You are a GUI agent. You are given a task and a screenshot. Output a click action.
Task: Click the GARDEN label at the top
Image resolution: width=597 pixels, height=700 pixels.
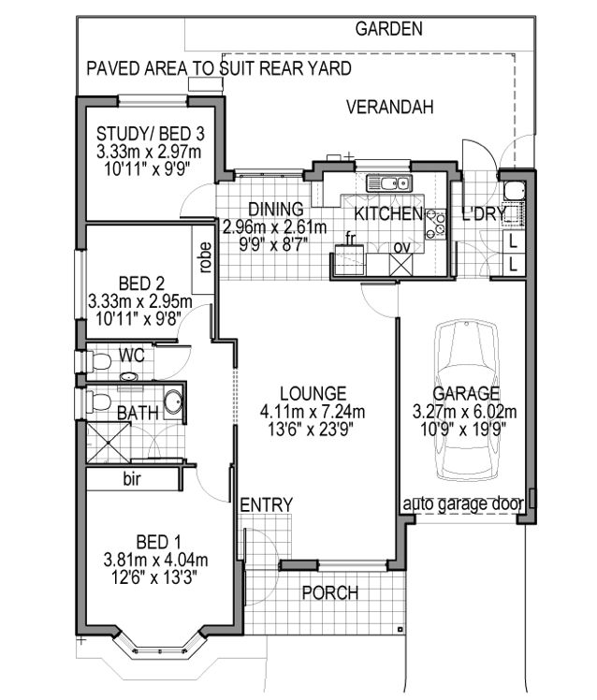388,29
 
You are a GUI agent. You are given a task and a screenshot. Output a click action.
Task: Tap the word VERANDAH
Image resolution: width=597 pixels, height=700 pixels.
390,108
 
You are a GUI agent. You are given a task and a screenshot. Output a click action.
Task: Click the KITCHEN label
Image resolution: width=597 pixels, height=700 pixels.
387,214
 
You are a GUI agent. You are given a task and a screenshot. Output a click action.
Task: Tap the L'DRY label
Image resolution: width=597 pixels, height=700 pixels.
484,214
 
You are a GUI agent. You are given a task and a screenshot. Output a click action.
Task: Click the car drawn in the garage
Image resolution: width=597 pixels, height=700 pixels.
470,397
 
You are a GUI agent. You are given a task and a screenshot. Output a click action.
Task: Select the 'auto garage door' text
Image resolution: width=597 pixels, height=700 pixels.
462,504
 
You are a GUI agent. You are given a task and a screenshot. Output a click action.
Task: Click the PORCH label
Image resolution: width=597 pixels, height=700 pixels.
329,593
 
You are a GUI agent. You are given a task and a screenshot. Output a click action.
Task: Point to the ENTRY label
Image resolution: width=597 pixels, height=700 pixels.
267,505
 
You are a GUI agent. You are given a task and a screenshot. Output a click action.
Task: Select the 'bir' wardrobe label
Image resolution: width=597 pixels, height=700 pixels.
132,478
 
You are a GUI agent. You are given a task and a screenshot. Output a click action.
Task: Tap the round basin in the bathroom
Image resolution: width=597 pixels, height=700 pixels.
174,404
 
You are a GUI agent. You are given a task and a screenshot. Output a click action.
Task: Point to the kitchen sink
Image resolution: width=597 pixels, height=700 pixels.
386,183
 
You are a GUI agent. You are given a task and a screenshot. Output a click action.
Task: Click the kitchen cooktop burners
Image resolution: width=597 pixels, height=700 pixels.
436,224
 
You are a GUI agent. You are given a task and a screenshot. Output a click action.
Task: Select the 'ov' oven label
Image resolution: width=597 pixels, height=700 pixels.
400,247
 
